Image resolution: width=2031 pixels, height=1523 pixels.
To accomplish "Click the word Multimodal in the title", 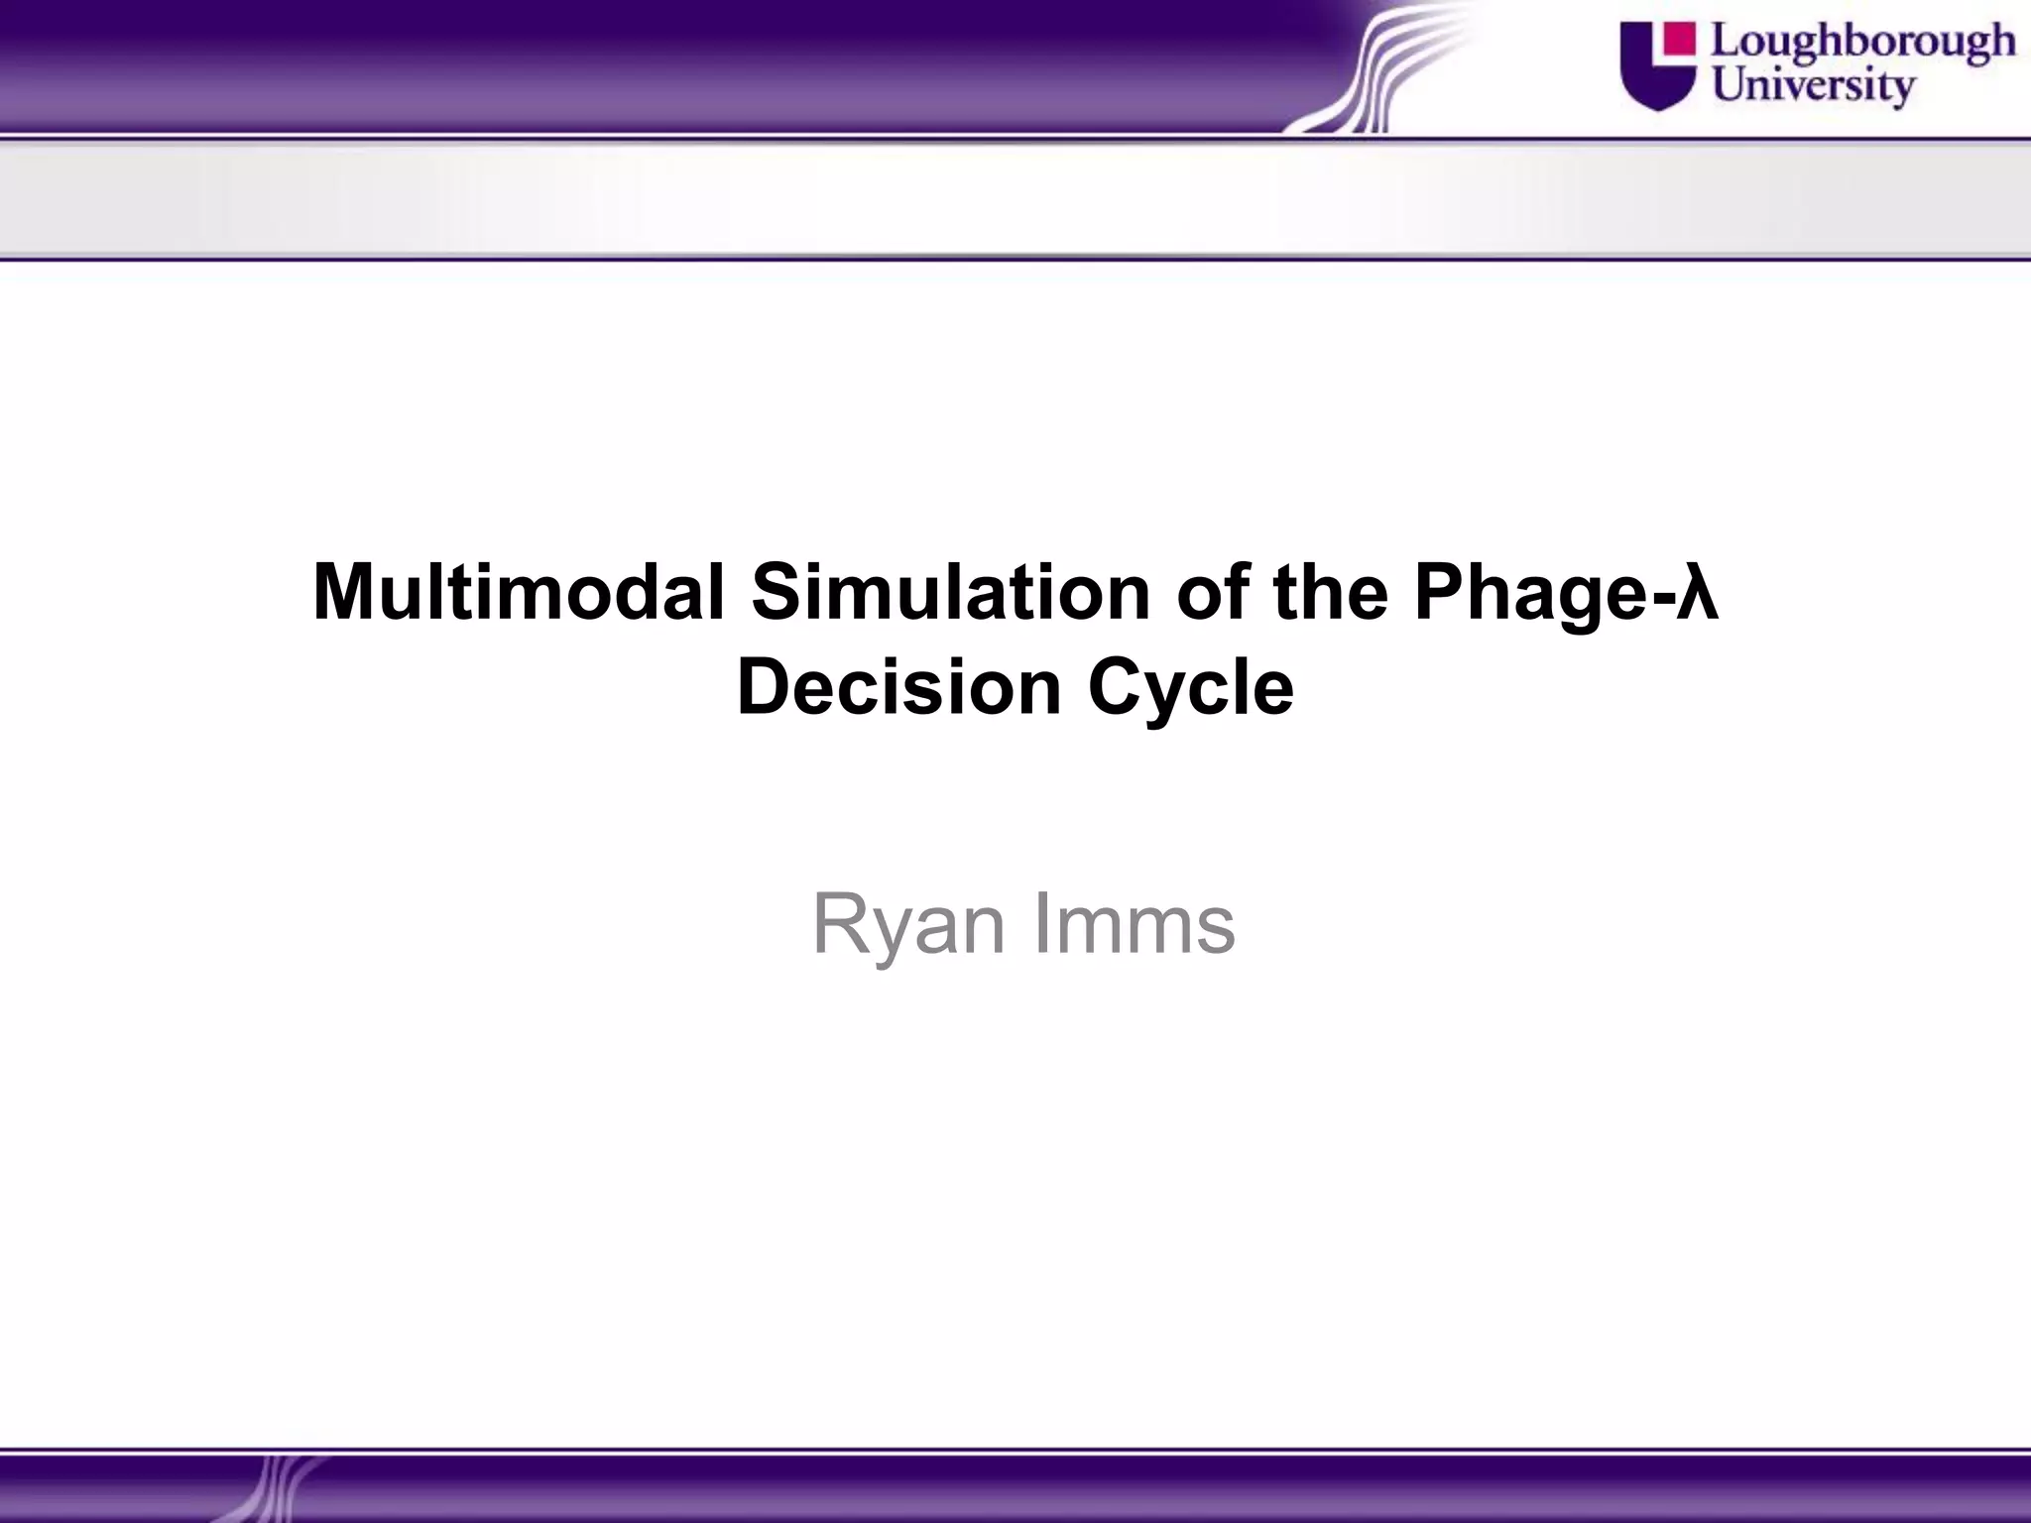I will [x=520, y=592].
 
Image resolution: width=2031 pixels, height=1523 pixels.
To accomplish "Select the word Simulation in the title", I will [x=949, y=592].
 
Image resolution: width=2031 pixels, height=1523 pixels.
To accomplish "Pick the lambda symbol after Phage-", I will [x=1698, y=594].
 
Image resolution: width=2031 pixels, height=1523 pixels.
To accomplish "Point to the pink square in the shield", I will [x=1678, y=39].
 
